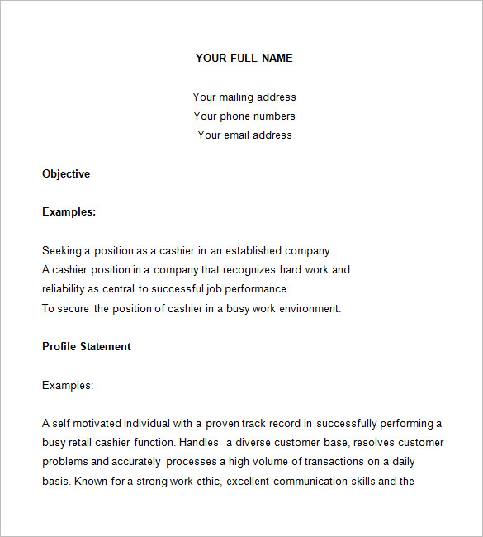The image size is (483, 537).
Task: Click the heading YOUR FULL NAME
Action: [x=244, y=58]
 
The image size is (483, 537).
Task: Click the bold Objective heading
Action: [x=66, y=173]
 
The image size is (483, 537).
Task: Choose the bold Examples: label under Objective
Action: [x=69, y=211]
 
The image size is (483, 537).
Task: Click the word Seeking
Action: [x=63, y=250]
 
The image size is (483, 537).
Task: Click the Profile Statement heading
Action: [x=87, y=346]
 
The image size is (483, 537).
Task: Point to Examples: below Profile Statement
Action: [x=68, y=385]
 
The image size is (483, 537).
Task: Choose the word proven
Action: [x=223, y=423]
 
